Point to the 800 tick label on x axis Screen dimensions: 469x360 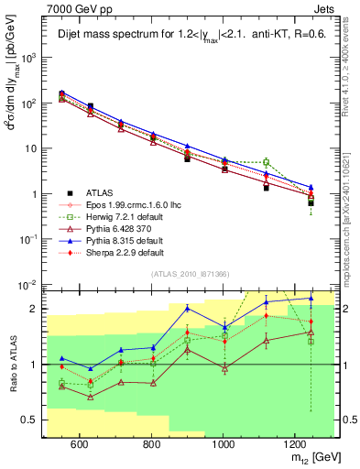click(151, 444)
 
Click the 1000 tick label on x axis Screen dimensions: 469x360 click(224, 444)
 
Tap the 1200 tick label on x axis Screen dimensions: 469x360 click(296, 444)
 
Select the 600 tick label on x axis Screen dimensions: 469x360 click(79, 444)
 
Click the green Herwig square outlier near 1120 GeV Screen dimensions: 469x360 click(267, 162)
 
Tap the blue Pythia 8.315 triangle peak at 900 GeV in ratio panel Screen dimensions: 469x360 click(187, 308)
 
